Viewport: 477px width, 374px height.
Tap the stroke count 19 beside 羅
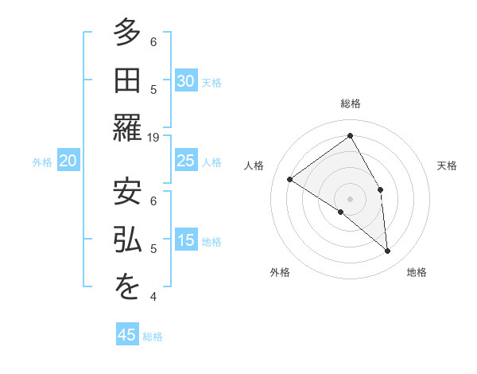(153, 137)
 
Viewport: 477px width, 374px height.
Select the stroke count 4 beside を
(153, 297)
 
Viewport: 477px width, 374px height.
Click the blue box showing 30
(185, 80)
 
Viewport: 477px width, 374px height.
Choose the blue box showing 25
(185, 161)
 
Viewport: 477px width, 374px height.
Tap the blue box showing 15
(185, 240)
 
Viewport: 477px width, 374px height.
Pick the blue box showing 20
(68, 161)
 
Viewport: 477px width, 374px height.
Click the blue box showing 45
(127, 335)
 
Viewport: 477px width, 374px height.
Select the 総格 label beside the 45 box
(153, 337)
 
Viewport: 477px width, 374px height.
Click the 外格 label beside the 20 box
(42, 162)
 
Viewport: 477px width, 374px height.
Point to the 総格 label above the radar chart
(351, 103)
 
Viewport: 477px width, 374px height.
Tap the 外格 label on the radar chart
(280, 272)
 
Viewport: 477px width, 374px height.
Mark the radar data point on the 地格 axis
(387, 251)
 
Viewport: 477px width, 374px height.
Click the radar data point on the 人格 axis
(290, 179)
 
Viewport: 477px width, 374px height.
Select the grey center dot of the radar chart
(351, 198)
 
